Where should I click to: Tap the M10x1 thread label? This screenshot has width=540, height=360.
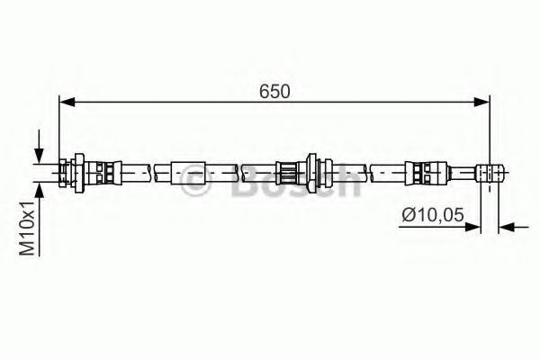coord(30,225)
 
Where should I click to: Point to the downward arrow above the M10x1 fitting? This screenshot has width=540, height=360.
coord(38,152)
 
